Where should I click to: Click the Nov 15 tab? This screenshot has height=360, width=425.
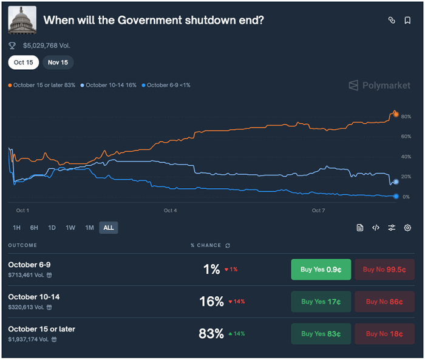[58, 63]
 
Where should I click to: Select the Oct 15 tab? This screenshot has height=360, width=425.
[24, 63]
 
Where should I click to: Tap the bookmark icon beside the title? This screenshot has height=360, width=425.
[407, 20]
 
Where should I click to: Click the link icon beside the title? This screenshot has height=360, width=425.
[392, 20]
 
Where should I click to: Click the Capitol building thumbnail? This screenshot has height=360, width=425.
[22, 20]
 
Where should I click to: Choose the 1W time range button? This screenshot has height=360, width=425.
[70, 228]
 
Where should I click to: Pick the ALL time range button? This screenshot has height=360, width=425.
[109, 228]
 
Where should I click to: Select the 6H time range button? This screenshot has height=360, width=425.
[35, 228]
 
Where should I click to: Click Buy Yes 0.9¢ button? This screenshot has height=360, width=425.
[321, 270]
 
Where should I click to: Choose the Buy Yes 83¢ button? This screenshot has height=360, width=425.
[321, 334]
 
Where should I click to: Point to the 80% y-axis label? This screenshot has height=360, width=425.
[406, 117]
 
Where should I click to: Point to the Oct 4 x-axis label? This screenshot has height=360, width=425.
[171, 211]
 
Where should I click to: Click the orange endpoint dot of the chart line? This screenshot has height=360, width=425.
[396, 114]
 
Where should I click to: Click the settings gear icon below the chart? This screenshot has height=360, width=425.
[407, 228]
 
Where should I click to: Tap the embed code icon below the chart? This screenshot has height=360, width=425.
[376, 228]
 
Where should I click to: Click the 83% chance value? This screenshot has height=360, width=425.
[211, 334]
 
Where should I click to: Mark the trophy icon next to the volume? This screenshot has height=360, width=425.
[12, 46]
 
